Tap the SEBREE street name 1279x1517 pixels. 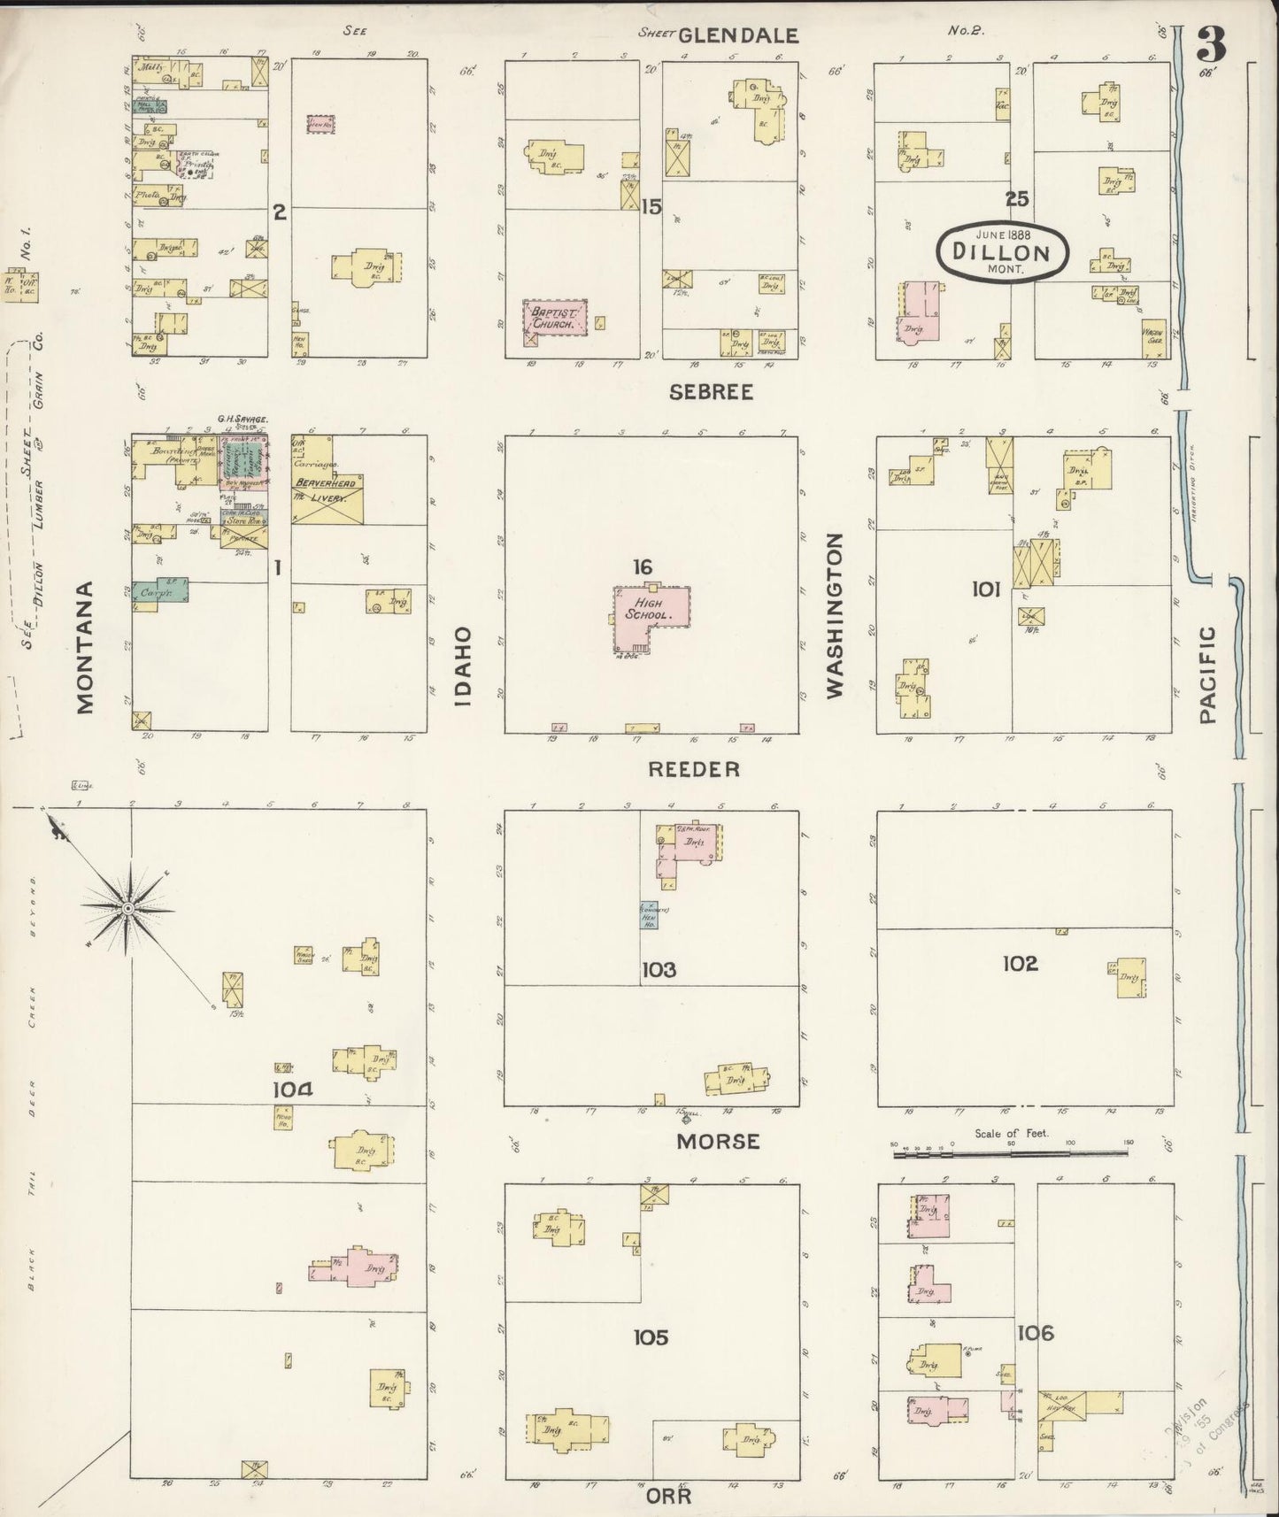(712, 392)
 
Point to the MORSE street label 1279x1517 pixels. (718, 1141)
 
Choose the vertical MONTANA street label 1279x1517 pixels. (85, 648)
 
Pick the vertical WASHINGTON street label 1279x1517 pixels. (834, 616)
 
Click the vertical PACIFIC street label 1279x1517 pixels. (1209, 674)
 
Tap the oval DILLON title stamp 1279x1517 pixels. (1001, 250)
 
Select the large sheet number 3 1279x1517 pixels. (1213, 42)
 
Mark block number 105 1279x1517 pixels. (650, 1337)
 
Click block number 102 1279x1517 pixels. (1020, 963)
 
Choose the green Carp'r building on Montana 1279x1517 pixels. (160, 592)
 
